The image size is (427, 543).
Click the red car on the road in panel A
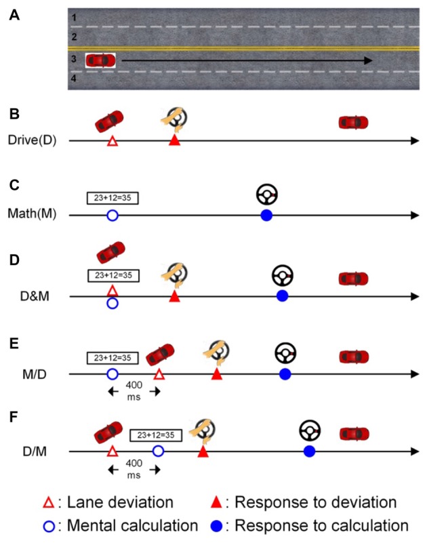100,60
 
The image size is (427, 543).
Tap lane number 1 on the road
74,17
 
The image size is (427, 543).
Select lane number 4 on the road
74,78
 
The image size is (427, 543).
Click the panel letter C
14,185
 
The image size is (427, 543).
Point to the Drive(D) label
32,140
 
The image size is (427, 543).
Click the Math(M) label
32,214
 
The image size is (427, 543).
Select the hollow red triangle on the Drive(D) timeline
113,141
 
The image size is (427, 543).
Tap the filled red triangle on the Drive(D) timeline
175,140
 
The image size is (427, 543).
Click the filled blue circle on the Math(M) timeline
266,216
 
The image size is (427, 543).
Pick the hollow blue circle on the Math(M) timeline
113,216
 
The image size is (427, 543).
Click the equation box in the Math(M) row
113,198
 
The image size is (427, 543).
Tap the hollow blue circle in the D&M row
113,304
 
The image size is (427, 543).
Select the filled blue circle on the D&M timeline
283,296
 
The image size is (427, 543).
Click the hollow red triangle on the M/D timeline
159,374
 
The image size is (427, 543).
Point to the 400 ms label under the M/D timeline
134,391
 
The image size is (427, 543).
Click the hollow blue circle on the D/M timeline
159,451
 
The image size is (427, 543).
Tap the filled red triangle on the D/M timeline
203,451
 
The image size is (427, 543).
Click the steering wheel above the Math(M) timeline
267,195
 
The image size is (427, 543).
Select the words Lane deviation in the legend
120,502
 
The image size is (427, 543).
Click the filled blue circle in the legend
216,526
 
